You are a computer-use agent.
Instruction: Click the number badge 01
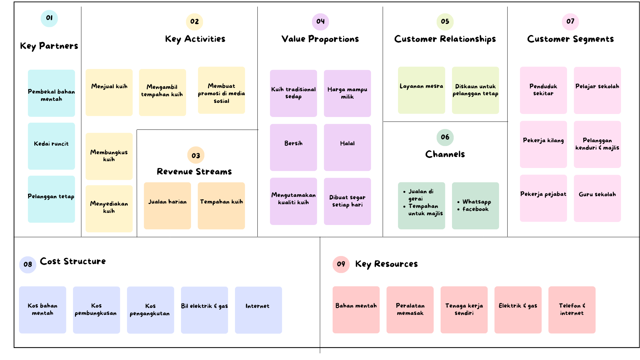(x=49, y=18)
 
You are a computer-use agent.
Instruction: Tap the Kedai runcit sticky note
(x=51, y=146)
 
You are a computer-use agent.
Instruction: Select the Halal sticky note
(x=347, y=147)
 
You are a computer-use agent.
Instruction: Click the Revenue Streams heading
(x=194, y=172)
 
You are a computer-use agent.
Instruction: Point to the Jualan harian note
(x=167, y=206)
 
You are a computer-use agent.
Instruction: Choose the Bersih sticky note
(x=293, y=147)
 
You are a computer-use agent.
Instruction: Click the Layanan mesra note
(x=421, y=90)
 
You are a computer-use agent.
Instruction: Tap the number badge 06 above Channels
(x=445, y=137)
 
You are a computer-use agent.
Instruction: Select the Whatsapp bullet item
(x=476, y=202)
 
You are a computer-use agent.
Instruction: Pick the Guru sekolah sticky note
(x=597, y=198)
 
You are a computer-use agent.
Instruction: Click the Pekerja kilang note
(x=543, y=144)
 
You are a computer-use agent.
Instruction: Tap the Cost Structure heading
(x=73, y=261)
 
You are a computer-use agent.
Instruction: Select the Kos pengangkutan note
(x=150, y=310)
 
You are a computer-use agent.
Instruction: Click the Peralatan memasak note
(x=410, y=310)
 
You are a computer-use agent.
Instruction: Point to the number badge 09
(x=341, y=264)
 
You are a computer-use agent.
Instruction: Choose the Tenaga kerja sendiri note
(x=464, y=310)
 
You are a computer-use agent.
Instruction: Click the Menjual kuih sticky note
(x=109, y=92)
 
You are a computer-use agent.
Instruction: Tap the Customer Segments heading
(x=570, y=39)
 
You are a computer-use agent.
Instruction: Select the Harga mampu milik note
(x=347, y=93)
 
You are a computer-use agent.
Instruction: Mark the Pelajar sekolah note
(x=597, y=90)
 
